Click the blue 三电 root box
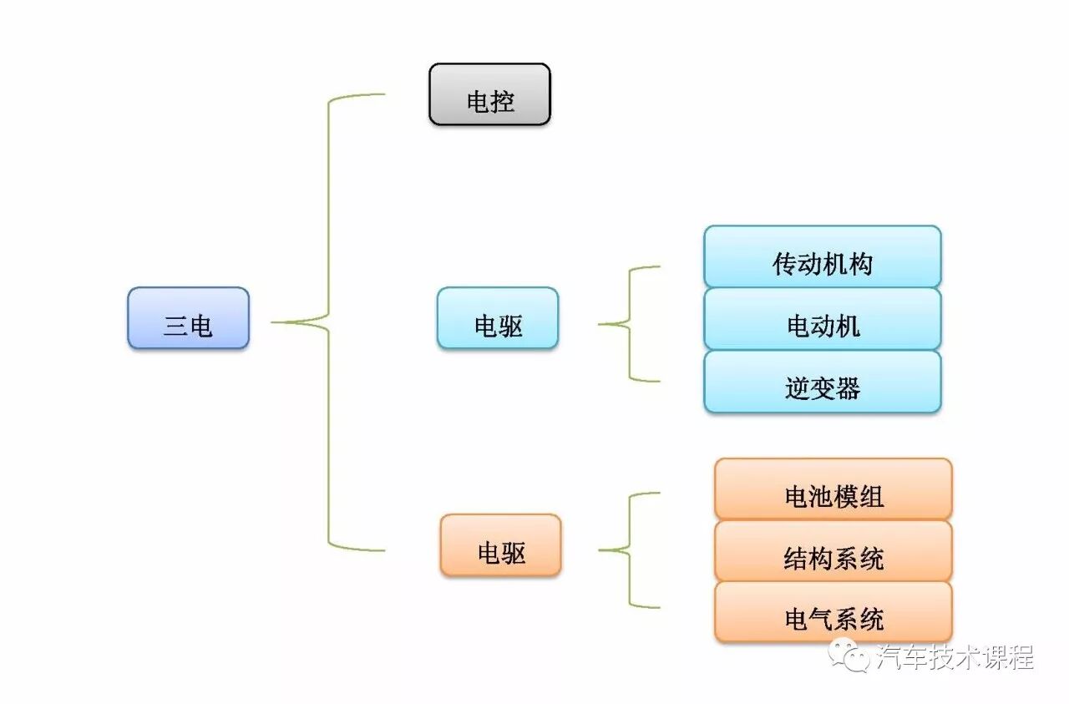(x=188, y=318)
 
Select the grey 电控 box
(x=490, y=94)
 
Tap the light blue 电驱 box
(x=498, y=318)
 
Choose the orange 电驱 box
(x=500, y=544)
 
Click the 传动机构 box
(x=823, y=257)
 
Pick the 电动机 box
(x=823, y=319)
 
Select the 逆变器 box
(x=823, y=382)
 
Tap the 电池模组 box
(x=833, y=489)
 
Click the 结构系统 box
(x=833, y=551)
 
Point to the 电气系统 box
(x=833, y=612)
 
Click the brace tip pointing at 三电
(x=276, y=322)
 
